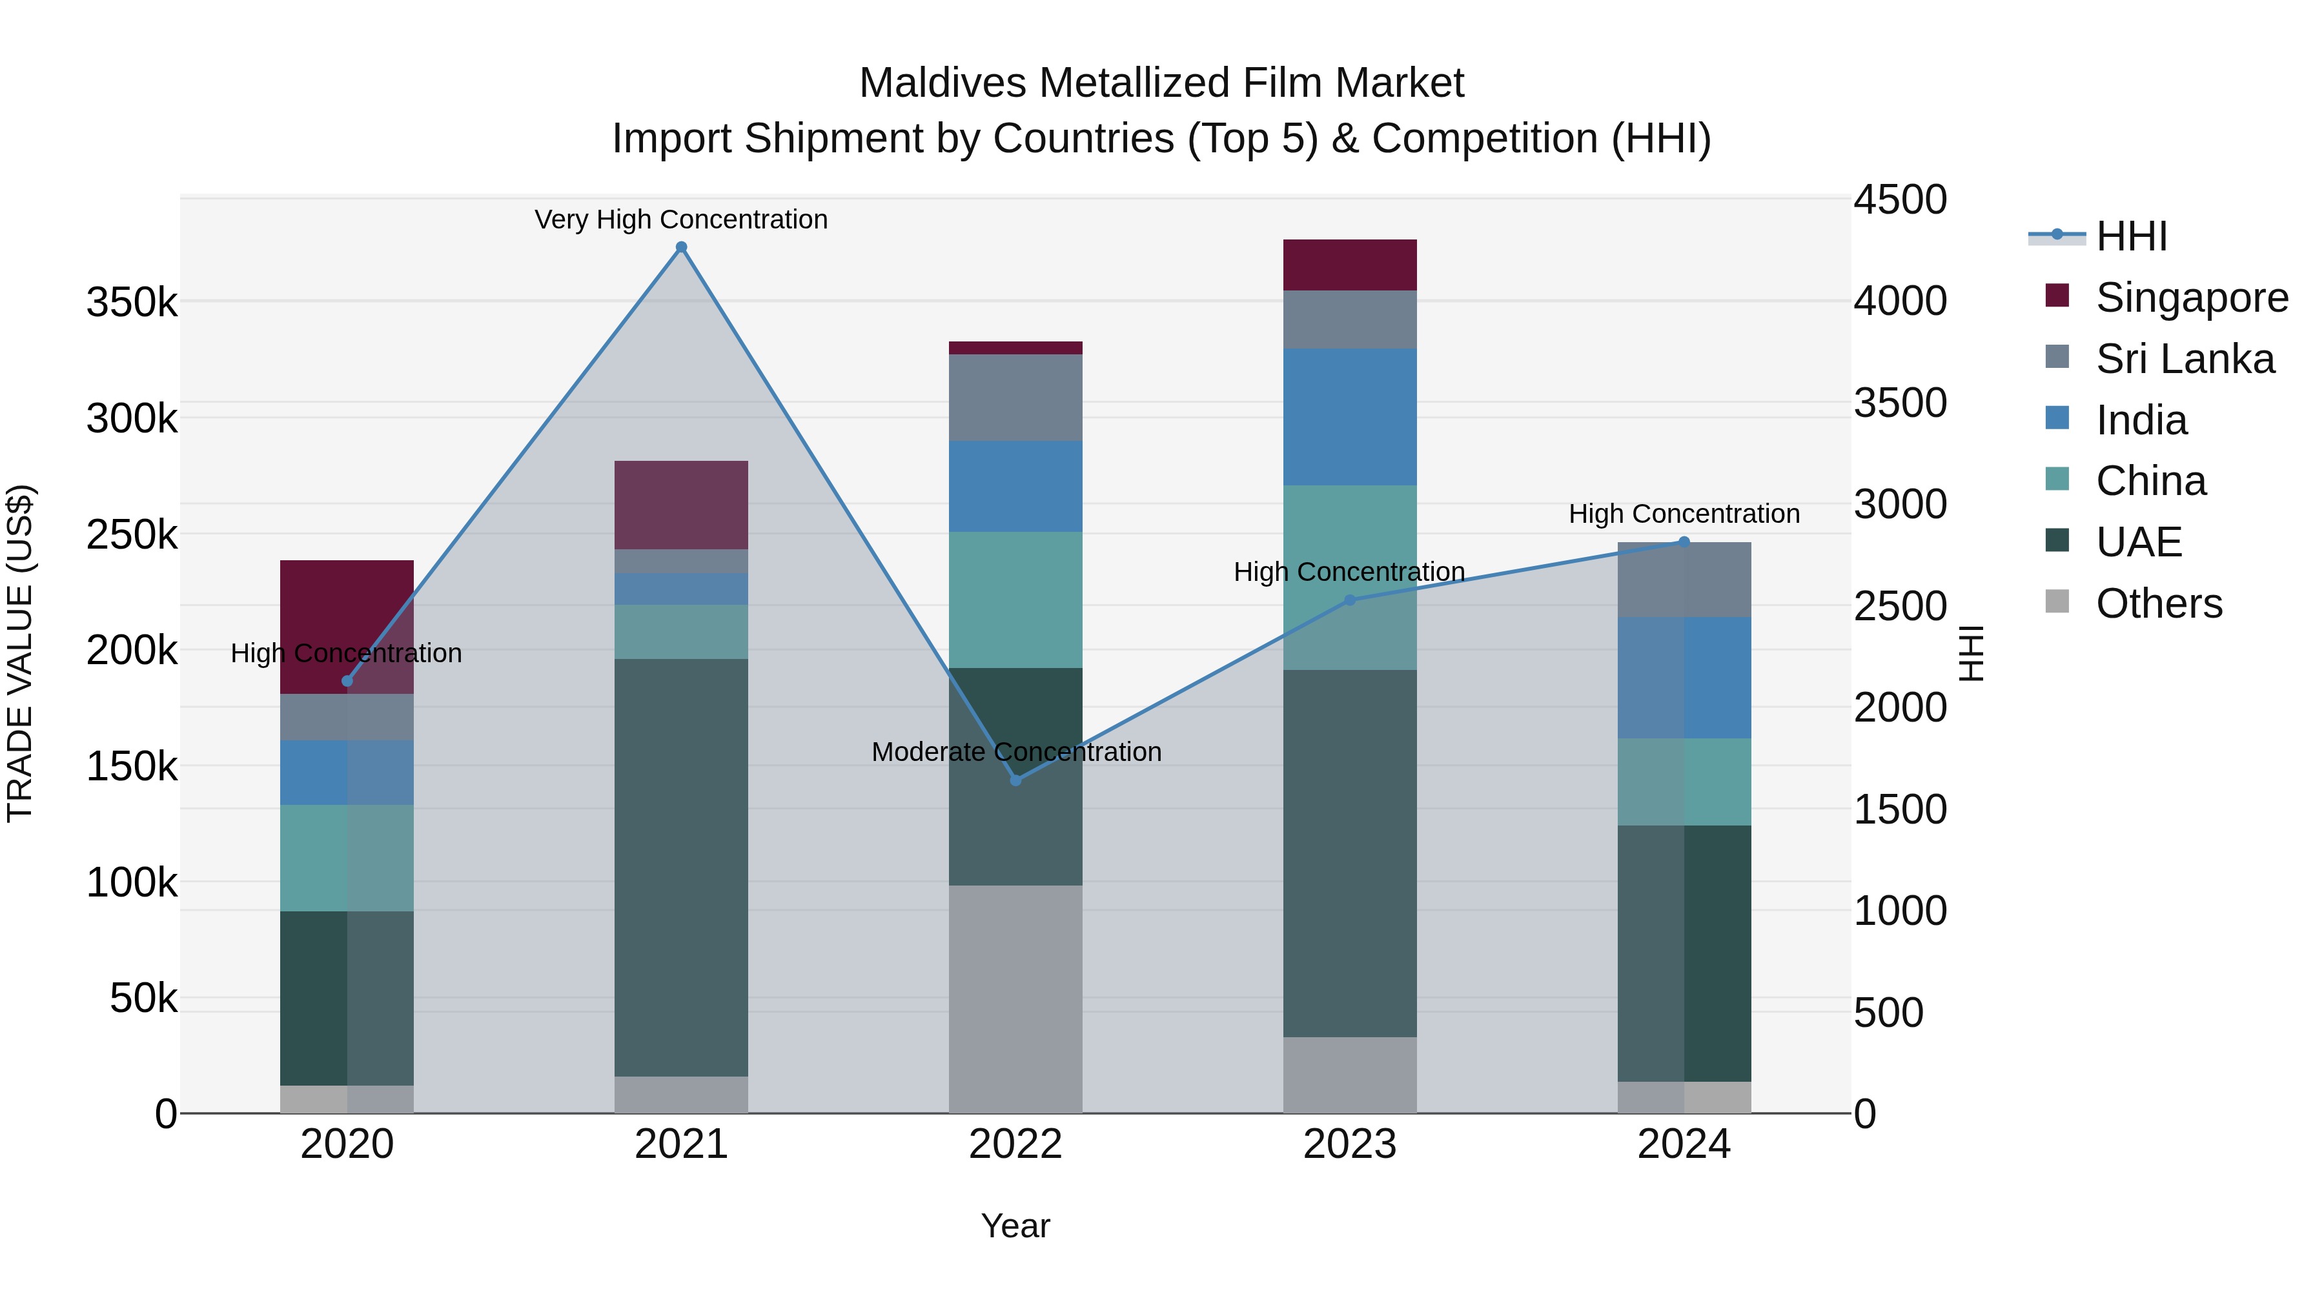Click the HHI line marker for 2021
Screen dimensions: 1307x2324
coord(681,247)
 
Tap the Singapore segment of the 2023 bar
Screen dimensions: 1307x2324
coord(1350,265)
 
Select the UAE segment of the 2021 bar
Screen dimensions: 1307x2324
coord(681,867)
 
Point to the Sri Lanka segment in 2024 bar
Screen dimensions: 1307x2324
coord(1684,580)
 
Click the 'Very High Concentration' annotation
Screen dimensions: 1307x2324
coord(681,219)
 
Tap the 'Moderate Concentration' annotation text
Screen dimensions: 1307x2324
coord(1016,751)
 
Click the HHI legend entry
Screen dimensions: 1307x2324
coord(2131,236)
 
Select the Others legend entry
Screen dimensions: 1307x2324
coord(2158,603)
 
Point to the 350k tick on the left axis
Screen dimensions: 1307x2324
coord(132,302)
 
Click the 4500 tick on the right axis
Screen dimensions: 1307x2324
coord(1900,199)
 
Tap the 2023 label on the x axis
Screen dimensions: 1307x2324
coord(1350,1144)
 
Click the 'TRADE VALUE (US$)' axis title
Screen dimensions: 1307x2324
coord(20,653)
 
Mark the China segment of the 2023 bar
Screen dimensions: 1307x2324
coord(1350,577)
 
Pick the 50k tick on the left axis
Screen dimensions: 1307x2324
coord(143,998)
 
